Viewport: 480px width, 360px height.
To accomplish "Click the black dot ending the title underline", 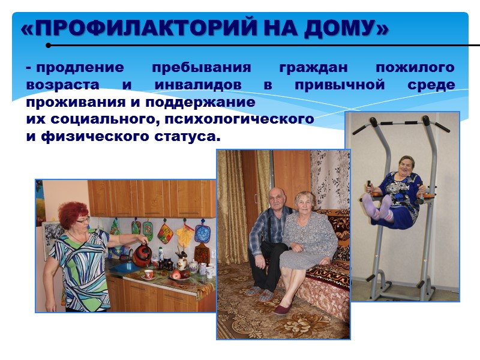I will pos(48,45).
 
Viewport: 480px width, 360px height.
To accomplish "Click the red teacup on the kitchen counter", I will pos(148,274).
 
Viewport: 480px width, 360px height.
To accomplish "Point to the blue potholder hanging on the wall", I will pos(202,232).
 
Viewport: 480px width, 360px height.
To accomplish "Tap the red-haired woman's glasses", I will pos(83,220).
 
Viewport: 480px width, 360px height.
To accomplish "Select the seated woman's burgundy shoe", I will pos(283,309).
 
